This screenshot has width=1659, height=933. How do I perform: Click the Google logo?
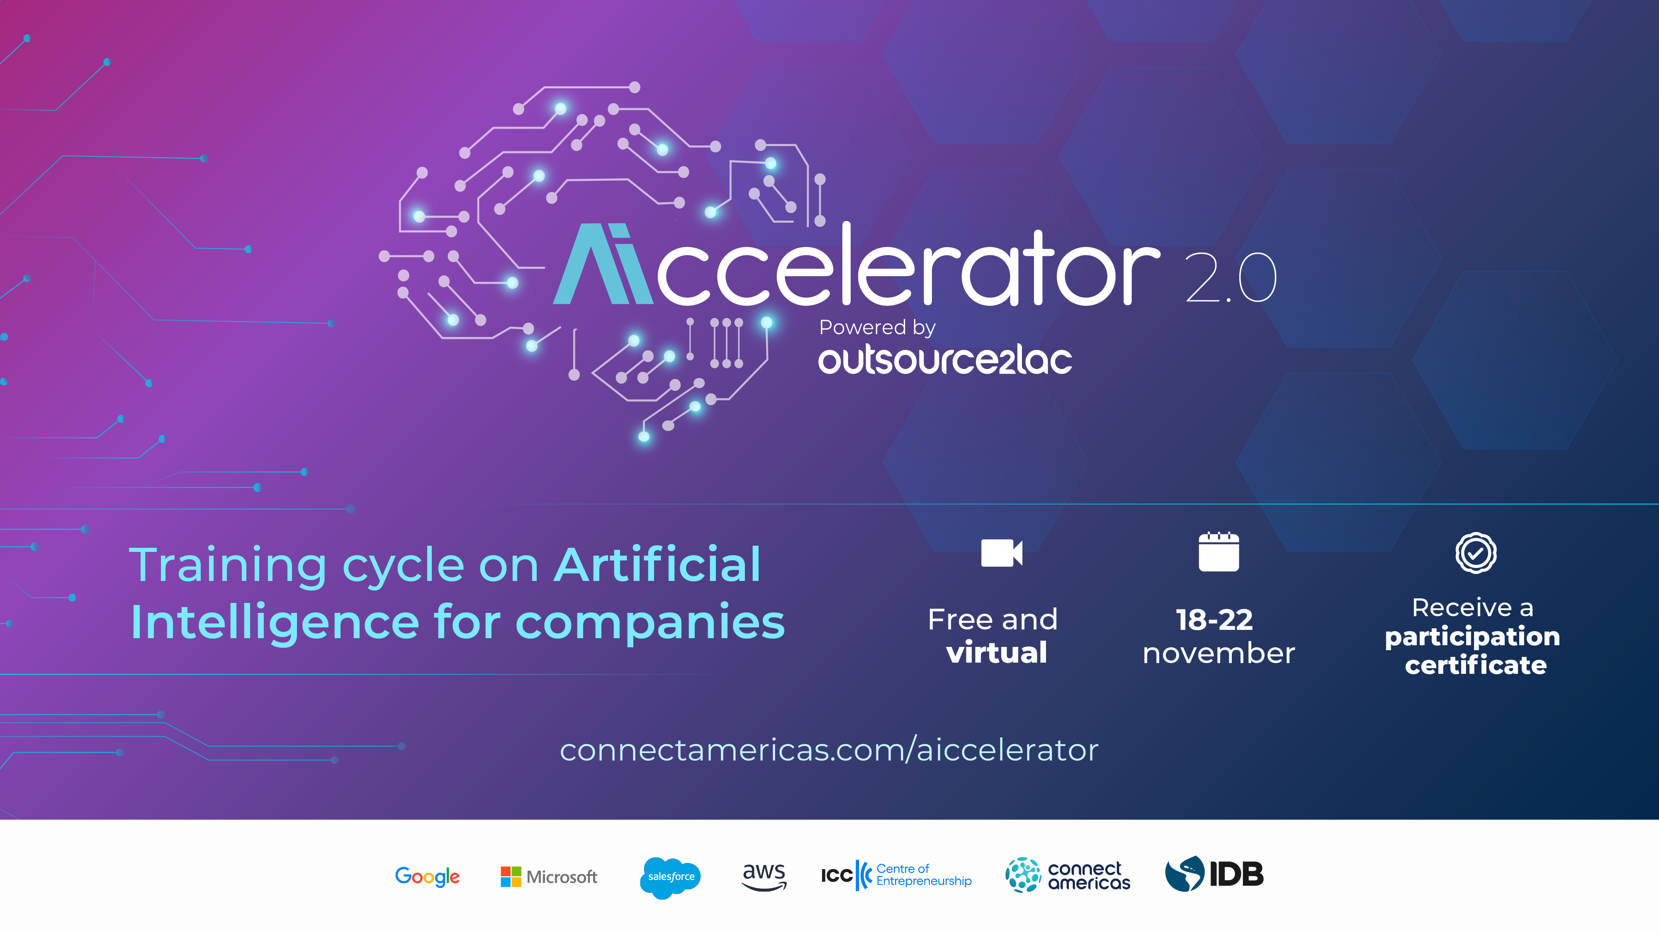pos(427,876)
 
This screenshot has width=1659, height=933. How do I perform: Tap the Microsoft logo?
pos(549,876)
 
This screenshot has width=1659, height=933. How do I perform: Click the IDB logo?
pos(1214,874)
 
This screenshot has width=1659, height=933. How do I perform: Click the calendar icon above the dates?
pos(1219,552)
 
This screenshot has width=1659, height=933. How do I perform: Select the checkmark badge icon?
pos(1475,552)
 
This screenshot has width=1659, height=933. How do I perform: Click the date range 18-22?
pos(1215,620)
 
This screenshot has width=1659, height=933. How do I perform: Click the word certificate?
pos(1475,665)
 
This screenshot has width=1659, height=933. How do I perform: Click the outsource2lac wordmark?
pos(945,360)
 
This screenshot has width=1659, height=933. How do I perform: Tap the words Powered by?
pos(877,328)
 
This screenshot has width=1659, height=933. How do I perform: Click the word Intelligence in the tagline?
pos(275,623)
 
